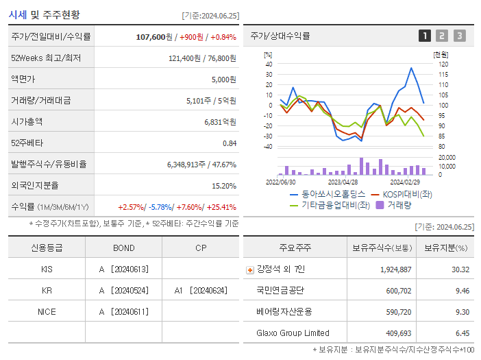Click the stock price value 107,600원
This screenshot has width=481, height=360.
(154, 36)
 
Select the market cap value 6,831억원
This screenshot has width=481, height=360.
(220, 121)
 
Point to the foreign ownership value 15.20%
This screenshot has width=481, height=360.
(223, 185)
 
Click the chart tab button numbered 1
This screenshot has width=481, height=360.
(425, 36)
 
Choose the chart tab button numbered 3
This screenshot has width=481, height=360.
(459, 36)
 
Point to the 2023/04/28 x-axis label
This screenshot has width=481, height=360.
(343, 182)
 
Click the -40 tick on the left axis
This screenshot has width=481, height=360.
(269, 146)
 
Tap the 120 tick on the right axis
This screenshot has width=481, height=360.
(443, 64)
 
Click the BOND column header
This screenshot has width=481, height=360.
(123, 248)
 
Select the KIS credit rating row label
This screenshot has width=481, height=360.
(47, 269)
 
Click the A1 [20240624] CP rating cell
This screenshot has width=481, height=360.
(201, 290)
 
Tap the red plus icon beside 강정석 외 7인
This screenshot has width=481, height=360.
(249, 269)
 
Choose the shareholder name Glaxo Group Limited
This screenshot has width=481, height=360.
(293, 333)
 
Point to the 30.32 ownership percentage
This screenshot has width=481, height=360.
(460, 269)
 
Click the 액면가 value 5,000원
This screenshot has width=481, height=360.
(223, 79)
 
